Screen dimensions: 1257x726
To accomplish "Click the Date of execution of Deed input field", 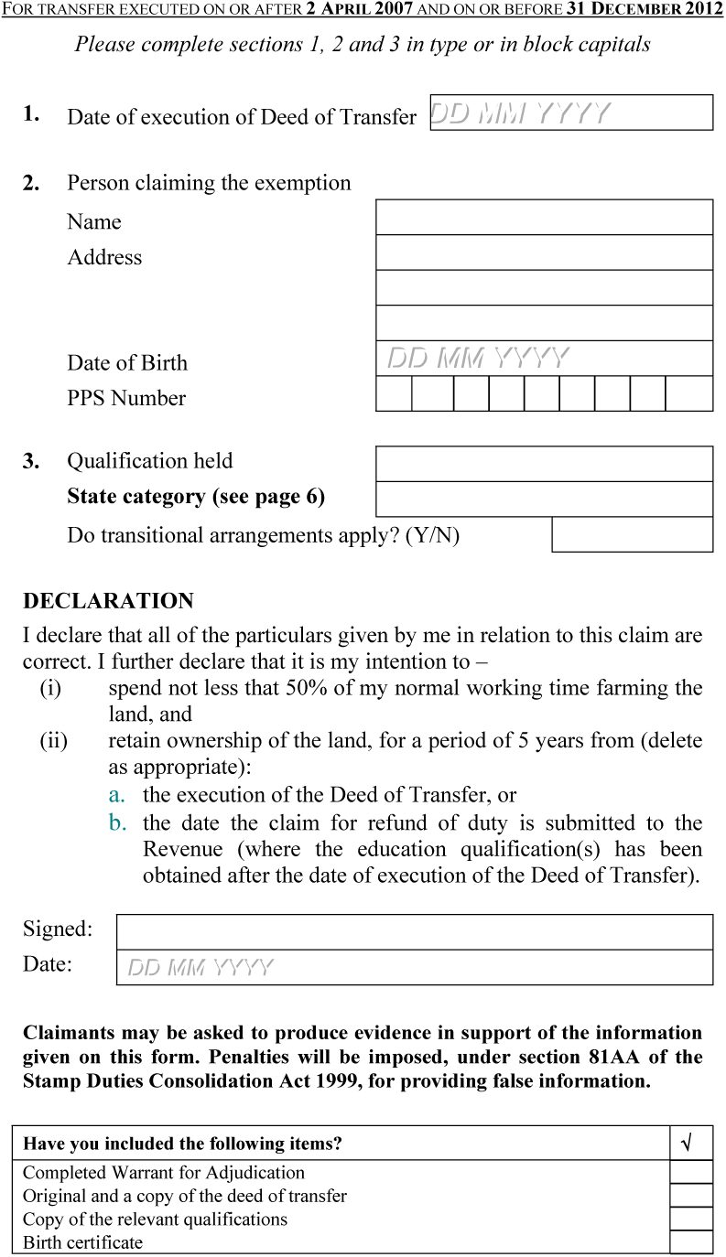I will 571,113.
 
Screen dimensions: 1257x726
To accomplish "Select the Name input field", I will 544,218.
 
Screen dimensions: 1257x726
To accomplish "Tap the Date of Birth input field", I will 544,358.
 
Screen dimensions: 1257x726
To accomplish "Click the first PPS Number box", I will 394,393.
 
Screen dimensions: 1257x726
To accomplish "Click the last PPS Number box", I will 688,393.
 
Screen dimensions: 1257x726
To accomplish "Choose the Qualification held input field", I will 544,464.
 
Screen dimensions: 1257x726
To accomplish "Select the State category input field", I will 544,499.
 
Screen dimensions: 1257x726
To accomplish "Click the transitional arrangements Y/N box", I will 632,534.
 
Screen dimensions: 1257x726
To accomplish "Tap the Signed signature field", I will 414,931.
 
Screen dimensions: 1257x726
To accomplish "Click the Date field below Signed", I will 414,967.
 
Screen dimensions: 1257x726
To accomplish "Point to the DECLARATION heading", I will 108,601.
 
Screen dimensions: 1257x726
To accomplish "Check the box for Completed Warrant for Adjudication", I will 691,1173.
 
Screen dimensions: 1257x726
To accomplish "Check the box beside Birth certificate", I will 691,1242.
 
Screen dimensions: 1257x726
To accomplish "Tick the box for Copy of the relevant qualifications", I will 691,1219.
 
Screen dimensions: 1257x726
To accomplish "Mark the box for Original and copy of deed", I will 691,1196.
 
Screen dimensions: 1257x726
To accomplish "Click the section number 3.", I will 31,461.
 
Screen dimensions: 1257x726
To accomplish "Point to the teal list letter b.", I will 118,823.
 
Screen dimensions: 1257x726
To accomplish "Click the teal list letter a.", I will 117,795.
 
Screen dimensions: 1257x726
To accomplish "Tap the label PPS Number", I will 126,398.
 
